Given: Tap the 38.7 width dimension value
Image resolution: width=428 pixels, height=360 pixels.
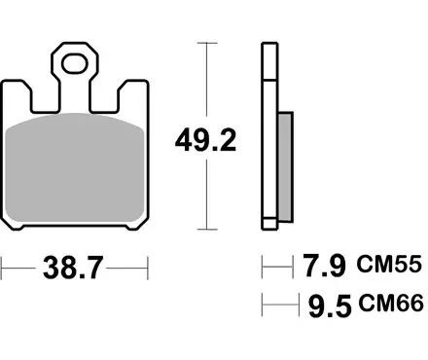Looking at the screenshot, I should pos(74,268).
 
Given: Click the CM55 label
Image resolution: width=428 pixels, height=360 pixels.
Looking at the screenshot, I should pos(390,264).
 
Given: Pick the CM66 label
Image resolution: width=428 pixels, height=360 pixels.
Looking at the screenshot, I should pos(390,306).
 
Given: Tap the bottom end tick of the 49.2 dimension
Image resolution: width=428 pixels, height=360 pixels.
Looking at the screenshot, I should pos(204,230).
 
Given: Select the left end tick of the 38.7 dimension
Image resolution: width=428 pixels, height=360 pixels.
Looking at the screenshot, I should pos(2,266).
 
